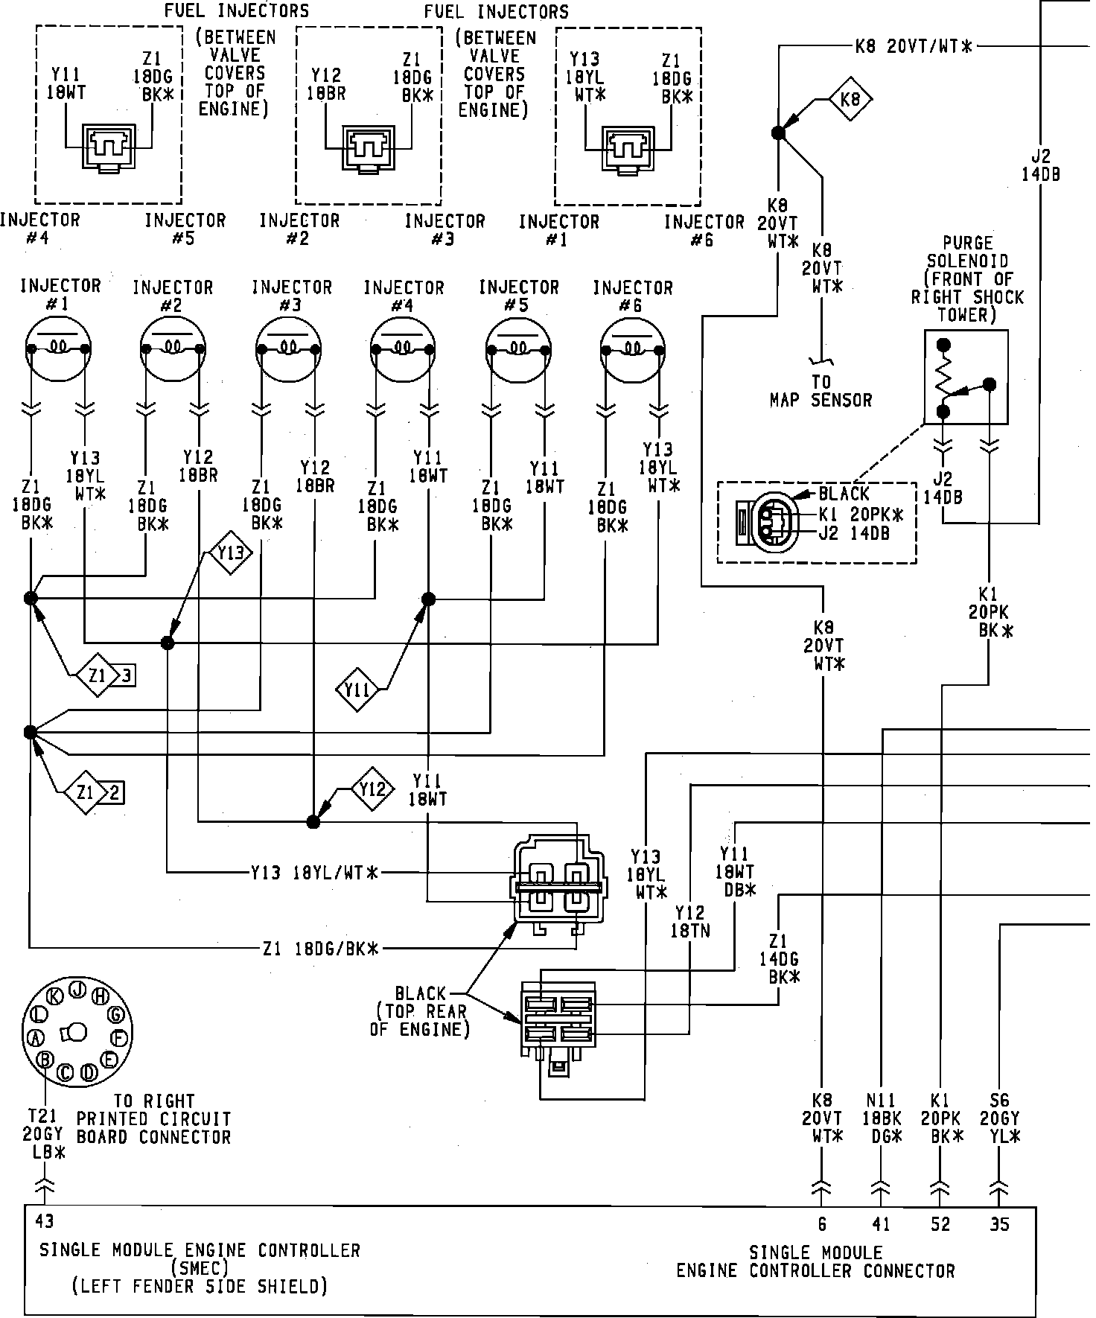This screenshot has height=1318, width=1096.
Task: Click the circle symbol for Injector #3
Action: tap(288, 348)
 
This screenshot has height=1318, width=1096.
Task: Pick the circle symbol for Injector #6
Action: tap(633, 348)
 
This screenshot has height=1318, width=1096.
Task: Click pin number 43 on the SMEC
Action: tap(44, 1221)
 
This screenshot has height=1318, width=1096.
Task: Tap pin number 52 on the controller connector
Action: tap(940, 1224)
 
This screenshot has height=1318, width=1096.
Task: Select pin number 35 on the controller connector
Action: tap(1000, 1224)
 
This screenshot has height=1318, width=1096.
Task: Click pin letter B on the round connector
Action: tap(45, 1058)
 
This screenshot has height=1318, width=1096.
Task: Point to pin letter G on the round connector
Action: tap(115, 1013)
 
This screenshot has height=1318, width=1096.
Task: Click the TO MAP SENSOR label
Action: tap(821, 391)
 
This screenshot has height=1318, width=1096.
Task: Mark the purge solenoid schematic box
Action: tap(966, 378)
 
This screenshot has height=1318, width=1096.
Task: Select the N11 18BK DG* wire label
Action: tap(883, 1118)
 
